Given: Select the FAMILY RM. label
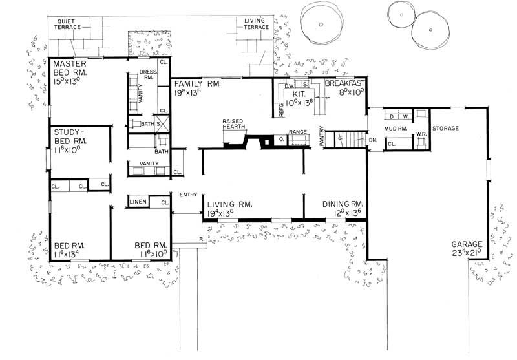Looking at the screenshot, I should [196, 84].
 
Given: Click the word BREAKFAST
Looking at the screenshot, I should [346, 84].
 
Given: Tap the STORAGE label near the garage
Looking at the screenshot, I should [445, 129].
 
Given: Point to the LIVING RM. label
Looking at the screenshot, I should [229, 204].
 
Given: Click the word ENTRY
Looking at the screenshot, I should [189, 195].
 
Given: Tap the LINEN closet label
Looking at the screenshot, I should [139, 202].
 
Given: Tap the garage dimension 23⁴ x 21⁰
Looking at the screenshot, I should [469, 254].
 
